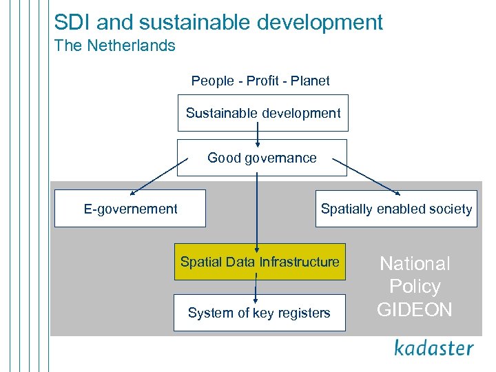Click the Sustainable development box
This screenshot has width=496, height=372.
point(263,113)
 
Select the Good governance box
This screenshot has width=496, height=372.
point(262,158)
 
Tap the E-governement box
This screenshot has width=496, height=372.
point(130,209)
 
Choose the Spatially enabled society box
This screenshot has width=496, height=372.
point(396,209)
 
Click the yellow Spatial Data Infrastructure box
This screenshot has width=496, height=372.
point(260,262)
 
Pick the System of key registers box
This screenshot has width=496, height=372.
point(259,313)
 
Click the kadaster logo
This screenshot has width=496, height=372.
point(434,348)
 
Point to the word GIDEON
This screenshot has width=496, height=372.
point(415,310)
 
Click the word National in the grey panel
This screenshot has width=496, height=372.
point(415,264)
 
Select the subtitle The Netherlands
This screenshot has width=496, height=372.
point(115,46)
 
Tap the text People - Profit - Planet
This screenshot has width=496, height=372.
point(260,81)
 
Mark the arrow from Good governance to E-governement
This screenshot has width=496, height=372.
point(158,175)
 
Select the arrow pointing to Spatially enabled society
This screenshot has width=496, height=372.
point(366,175)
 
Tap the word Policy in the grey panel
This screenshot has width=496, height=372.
point(415,287)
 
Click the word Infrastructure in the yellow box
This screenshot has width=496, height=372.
point(300,262)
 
